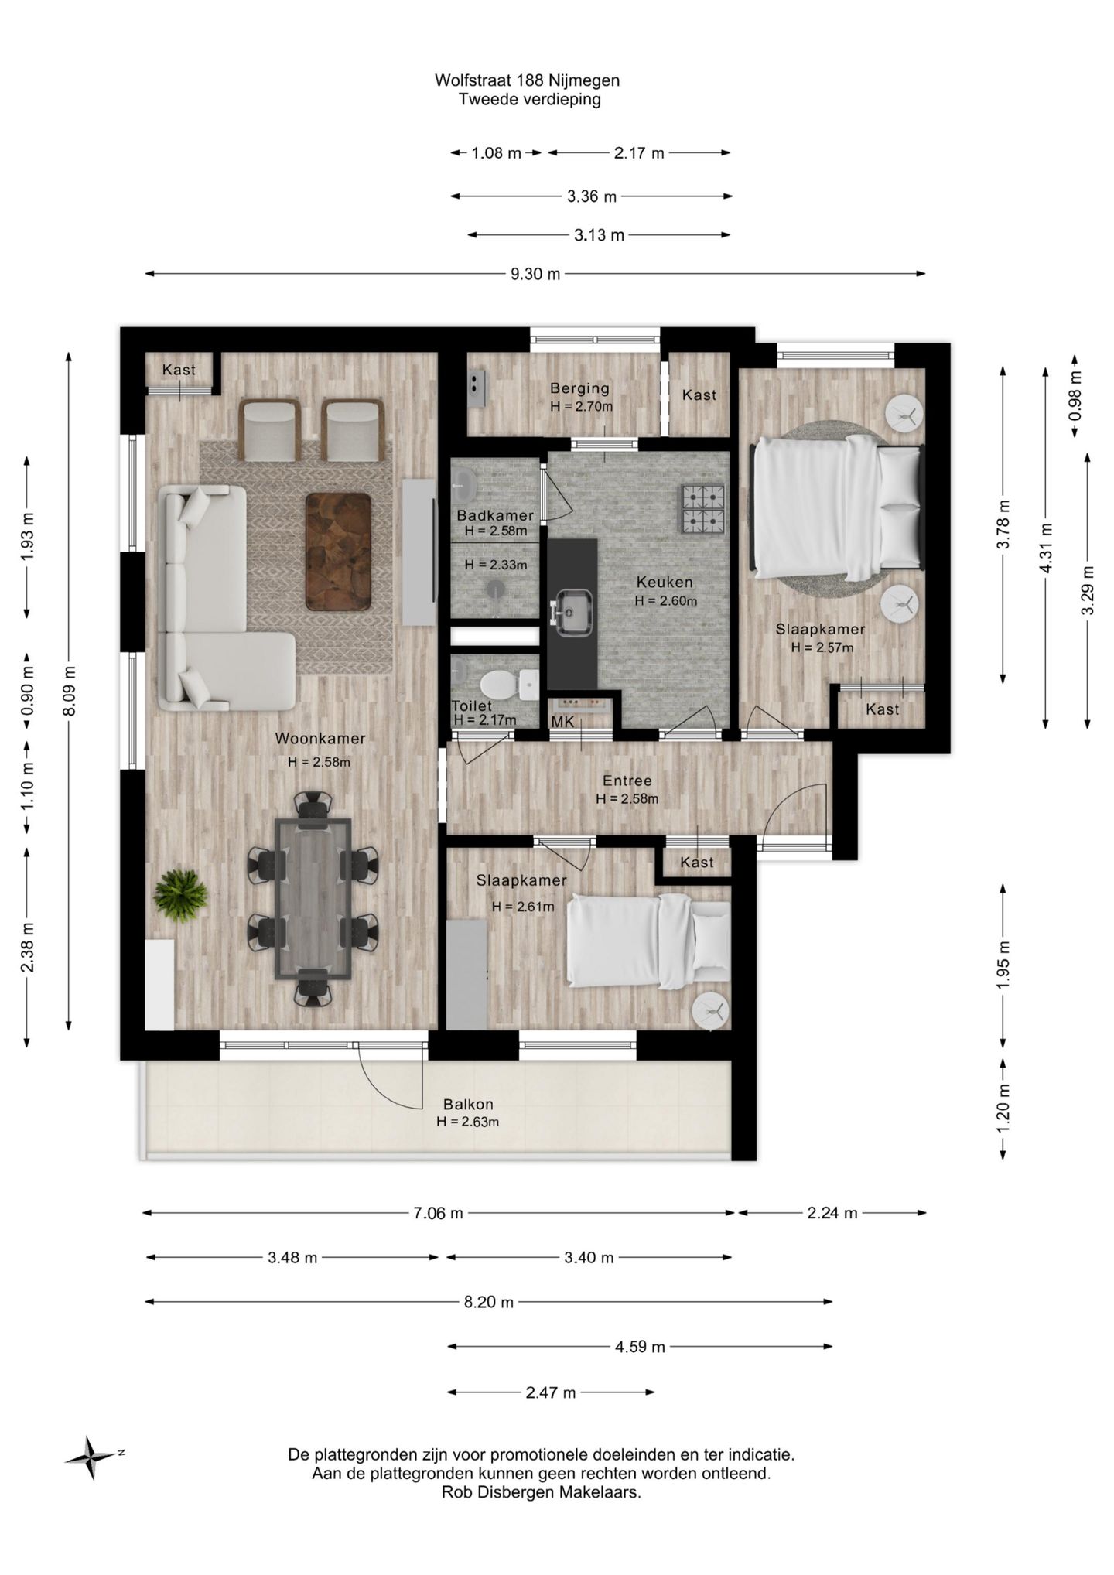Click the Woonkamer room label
[x=320, y=739]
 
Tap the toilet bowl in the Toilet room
[x=498, y=684]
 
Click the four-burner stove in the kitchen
[x=702, y=509]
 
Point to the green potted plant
[x=180, y=895]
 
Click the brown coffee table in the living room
[x=338, y=551]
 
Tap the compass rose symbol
[x=93, y=1457]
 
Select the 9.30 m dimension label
[x=535, y=274]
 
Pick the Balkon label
[x=468, y=1105]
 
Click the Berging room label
[x=579, y=388]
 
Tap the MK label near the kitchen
[x=562, y=722]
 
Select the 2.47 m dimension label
[x=551, y=1392]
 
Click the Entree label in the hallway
[x=627, y=781]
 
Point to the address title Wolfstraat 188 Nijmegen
[x=527, y=80]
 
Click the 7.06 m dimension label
[x=438, y=1213]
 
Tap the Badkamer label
[x=495, y=515]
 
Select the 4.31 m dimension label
[x=1046, y=548]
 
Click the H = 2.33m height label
[x=496, y=565]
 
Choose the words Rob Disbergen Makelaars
[x=542, y=1493]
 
